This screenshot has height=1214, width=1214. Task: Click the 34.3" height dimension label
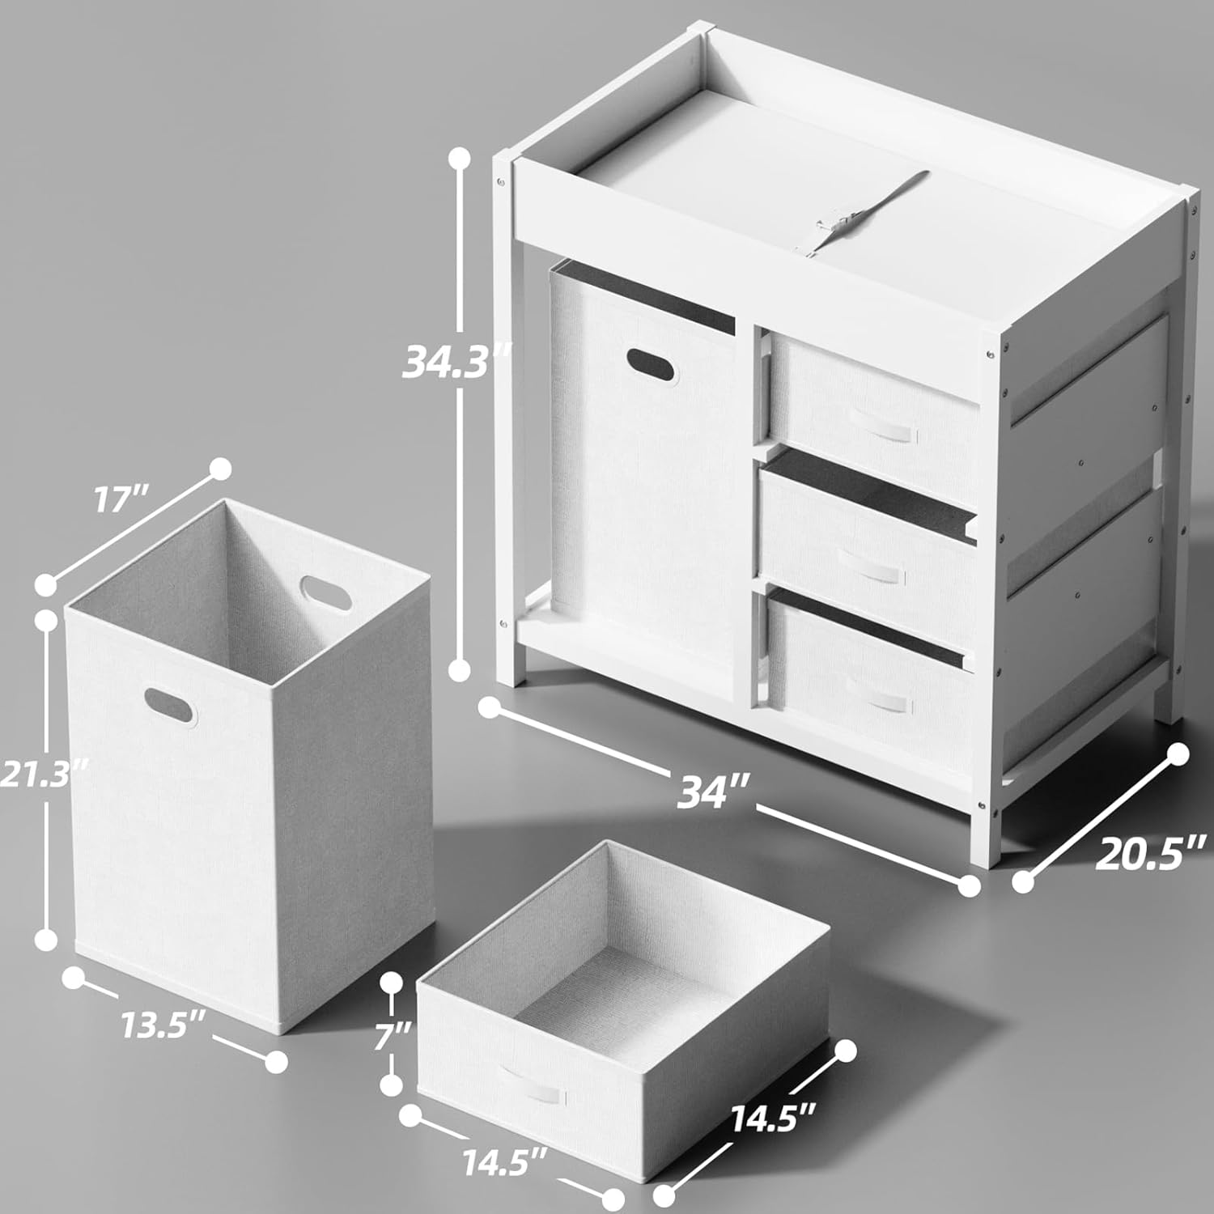458,362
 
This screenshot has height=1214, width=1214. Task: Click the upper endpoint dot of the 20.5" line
1178,754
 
